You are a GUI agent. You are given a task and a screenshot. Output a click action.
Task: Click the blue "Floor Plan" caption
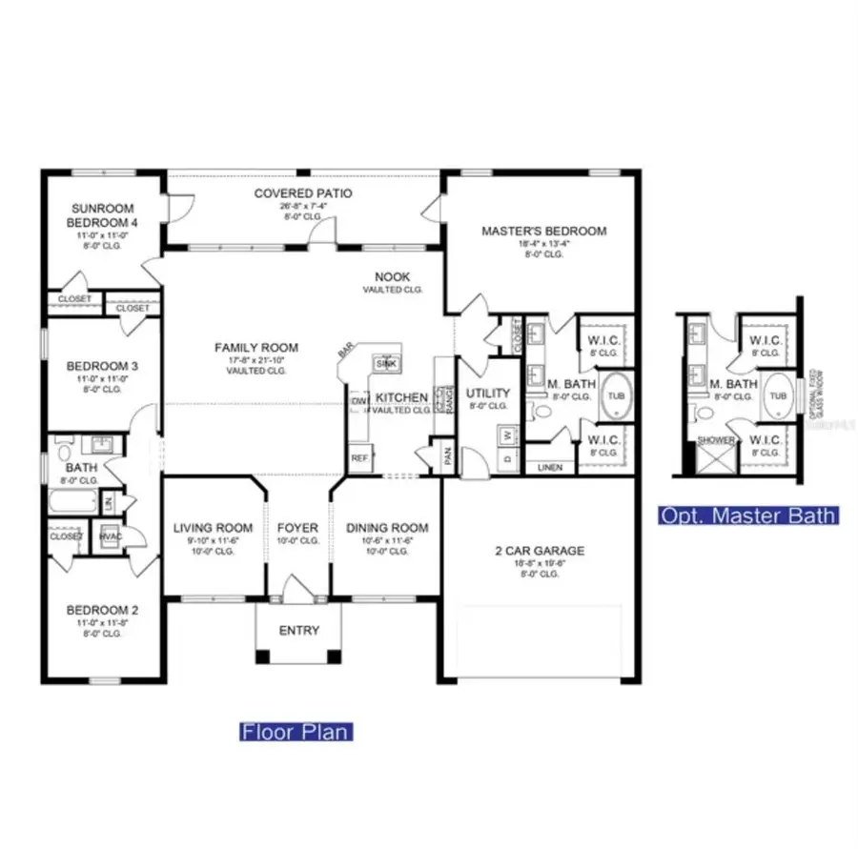pos(296,732)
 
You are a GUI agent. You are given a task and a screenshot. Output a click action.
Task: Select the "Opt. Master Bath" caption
pos(749,515)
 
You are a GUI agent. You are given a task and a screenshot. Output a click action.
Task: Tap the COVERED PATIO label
pos(303,193)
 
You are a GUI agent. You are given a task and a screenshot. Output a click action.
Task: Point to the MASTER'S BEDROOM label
pos(543,231)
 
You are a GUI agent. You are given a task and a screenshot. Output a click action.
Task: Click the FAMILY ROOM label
pos(255,348)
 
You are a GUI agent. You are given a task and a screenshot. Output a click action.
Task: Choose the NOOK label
pos(392,276)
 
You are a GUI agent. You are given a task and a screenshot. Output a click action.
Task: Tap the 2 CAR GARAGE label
pos(540,551)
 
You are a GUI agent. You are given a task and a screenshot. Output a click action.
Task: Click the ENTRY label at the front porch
pos(298,631)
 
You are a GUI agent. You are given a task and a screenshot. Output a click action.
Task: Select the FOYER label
pos(297,528)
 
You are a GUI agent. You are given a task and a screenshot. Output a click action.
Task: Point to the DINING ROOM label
pos(387,528)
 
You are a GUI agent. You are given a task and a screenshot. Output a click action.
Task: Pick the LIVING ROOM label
pos(213,528)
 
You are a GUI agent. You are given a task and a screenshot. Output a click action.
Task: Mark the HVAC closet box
pos(110,536)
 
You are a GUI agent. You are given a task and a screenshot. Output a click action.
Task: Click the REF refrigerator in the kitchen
pos(359,458)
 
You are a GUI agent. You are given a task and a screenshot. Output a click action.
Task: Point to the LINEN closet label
pos(551,468)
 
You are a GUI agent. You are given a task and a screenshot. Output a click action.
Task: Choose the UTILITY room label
pos(487,393)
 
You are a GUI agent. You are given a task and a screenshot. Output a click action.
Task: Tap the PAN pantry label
pos(447,457)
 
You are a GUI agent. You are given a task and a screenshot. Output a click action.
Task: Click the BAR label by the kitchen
pos(344,353)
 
